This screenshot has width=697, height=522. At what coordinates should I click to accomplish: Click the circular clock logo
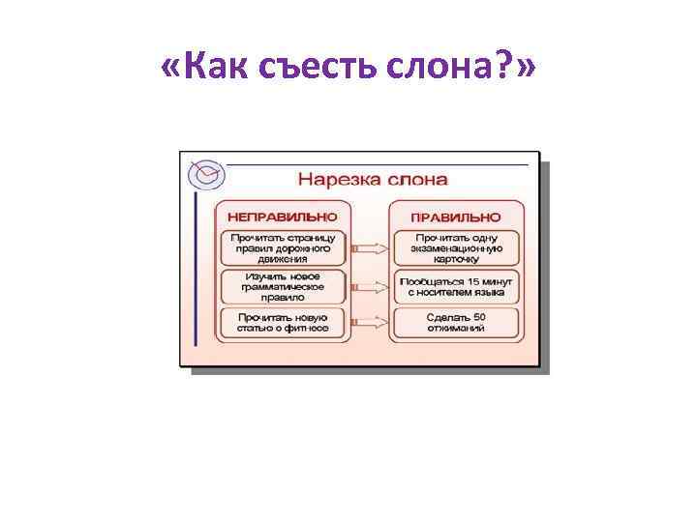tap(206, 174)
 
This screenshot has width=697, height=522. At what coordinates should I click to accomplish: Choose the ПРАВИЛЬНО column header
tap(456, 216)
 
